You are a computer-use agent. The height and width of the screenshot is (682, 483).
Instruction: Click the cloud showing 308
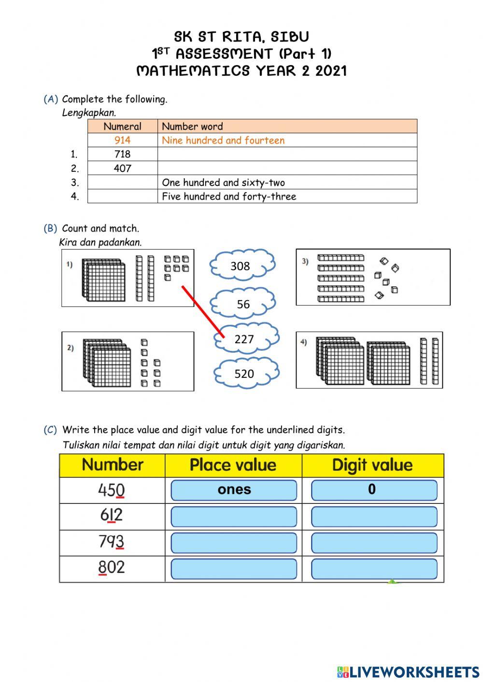[241, 265]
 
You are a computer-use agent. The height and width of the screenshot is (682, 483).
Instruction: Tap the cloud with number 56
[243, 304]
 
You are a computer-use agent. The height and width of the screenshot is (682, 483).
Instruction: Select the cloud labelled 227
[245, 338]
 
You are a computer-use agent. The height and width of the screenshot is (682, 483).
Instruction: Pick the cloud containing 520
[244, 373]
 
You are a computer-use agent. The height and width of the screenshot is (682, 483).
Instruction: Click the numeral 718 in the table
[122, 154]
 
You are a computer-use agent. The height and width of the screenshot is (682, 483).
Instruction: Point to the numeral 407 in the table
[122, 168]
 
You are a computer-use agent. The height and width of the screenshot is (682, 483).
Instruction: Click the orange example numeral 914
[122, 140]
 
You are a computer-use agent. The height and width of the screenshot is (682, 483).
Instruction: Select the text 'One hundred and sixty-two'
[223, 182]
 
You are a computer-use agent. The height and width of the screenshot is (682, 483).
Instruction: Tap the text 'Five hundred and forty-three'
[229, 196]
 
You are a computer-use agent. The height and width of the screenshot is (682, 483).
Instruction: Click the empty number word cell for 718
[287, 154]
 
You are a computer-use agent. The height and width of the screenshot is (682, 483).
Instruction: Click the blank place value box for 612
[234, 517]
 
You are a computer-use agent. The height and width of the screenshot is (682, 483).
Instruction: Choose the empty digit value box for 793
[374, 543]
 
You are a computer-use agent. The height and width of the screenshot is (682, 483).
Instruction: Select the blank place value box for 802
[234, 569]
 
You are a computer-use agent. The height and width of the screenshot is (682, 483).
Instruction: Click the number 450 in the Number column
[112, 490]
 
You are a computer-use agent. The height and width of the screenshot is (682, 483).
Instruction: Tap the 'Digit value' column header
[372, 465]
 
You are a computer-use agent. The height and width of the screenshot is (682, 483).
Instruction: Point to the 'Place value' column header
[233, 465]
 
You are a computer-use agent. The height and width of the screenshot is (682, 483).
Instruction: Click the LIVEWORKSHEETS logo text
[414, 672]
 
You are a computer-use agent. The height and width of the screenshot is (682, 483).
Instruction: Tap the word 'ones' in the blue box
[234, 489]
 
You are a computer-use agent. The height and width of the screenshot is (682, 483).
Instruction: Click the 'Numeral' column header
[122, 126]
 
